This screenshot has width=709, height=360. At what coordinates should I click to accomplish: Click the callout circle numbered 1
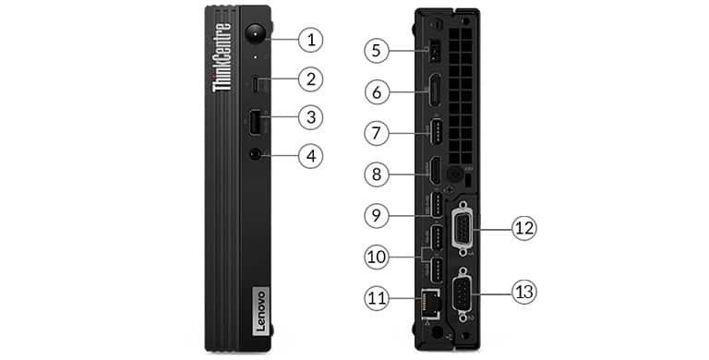point(312,39)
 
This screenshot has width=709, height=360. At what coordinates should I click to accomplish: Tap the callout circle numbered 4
point(312,155)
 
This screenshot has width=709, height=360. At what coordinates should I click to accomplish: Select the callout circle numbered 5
point(376,49)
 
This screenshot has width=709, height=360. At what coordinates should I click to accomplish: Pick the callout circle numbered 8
point(376,172)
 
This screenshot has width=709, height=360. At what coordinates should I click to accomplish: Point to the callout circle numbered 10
point(376,256)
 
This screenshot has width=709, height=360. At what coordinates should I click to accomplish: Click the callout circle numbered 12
point(523,226)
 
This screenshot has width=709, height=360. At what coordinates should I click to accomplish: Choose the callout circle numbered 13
point(523,292)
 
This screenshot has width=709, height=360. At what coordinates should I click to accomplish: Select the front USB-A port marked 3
point(255,120)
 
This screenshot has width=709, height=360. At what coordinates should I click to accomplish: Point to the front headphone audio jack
point(255,155)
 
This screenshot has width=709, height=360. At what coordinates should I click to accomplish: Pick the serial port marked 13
point(459,295)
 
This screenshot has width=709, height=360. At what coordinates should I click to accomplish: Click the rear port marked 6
point(431,91)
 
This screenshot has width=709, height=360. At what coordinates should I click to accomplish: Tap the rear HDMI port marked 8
point(431,173)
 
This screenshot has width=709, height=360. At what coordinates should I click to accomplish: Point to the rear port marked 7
point(431,132)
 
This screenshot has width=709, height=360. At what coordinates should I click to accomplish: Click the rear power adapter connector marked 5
point(430,52)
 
